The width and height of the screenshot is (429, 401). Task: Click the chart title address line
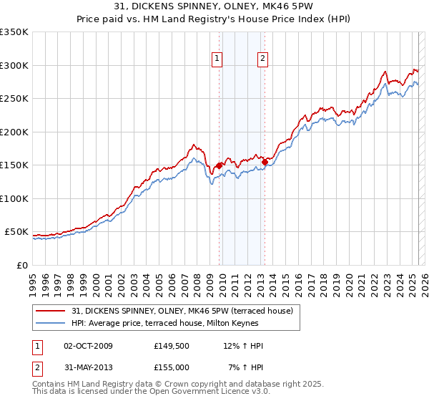click(214, 6)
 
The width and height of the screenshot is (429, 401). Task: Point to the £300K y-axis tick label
click(14, 65)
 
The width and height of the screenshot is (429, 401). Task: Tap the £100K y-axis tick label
click(14, 198)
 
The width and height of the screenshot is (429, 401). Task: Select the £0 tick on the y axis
click(21, 265)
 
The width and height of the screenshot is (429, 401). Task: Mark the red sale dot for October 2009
click(219, 165)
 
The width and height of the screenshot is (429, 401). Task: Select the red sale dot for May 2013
click(265, 162)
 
